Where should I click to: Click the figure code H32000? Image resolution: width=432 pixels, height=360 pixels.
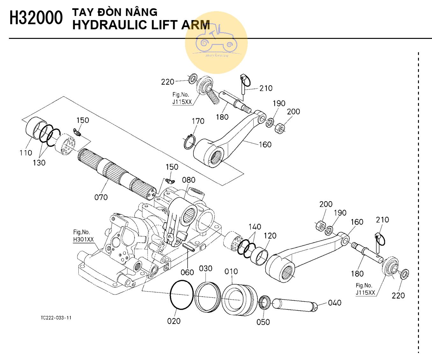(x=36, y=18)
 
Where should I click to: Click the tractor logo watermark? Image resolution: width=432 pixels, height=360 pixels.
(x=216, y=43)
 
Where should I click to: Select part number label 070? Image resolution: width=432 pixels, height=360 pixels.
(x=101, y=197)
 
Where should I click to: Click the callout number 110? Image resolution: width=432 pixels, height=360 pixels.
(x=25, y=153)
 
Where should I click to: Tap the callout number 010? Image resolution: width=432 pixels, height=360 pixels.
(x=231, y=271)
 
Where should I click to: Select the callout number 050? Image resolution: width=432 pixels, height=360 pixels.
(x=263, y=322)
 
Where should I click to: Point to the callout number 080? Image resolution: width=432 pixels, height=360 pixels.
(x=189, y=180)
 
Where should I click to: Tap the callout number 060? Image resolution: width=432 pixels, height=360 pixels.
(x=187, y=272)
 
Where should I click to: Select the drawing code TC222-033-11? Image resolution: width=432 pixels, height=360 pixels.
(x=56, y=318)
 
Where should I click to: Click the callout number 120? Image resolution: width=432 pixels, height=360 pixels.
(x=270, y=236)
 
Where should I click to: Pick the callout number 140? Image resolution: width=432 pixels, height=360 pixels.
(x=255, y=227)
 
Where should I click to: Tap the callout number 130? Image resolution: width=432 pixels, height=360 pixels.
(x=39, y=162)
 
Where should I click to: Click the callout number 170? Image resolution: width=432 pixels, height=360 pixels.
(x=198, y=121)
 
